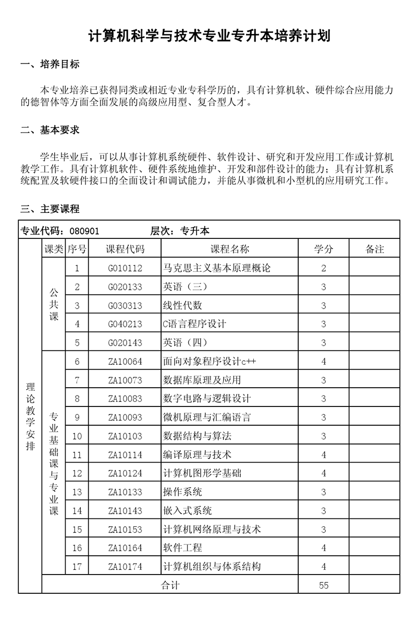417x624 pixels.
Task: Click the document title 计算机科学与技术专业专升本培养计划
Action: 208,36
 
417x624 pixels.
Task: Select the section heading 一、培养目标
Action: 50,65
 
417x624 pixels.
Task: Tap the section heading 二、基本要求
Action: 50,130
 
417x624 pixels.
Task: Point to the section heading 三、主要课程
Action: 50,209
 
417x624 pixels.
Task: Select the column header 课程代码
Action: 125,249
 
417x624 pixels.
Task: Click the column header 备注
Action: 375,249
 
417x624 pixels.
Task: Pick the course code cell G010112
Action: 125,269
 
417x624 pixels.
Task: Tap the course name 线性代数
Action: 182,305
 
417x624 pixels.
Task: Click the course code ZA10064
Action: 125,362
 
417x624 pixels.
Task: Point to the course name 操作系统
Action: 182,492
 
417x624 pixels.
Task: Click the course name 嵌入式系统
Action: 188,511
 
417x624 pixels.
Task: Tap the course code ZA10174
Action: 125,567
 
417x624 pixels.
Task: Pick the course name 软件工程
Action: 182,548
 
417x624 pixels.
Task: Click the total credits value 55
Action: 324,585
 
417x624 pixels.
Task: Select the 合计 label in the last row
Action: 170,585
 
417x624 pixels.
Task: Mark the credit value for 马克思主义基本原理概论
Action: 324,269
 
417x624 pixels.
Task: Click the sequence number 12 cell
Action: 77,474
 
